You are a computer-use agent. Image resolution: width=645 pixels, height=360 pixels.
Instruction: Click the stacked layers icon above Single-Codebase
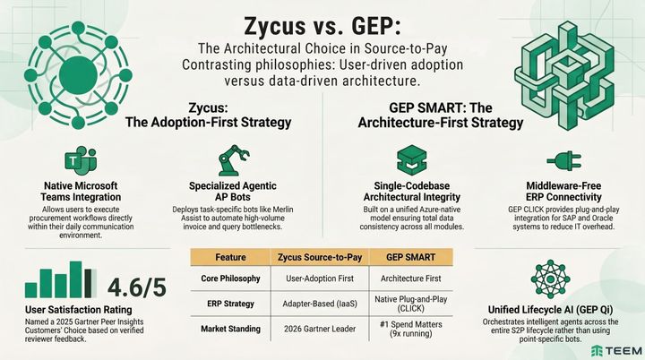(410, 159)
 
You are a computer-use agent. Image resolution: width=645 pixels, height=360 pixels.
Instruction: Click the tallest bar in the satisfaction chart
(83, 280)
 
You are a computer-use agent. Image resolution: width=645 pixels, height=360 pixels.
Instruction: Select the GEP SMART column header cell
(411, 257)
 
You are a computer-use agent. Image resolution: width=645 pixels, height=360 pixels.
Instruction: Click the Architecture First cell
(411, 279)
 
